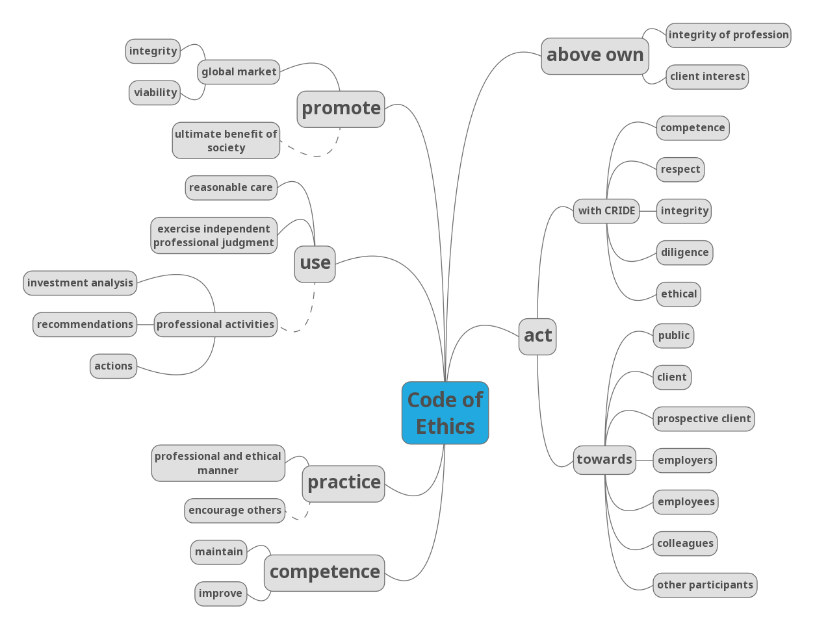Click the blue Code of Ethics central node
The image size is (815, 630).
click(445, 413)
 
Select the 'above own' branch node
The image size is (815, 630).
click(595, 56)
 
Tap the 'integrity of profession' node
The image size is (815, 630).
click(728, 35)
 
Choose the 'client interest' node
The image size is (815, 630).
click(707, 77)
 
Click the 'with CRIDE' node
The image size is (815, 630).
click(606, 211)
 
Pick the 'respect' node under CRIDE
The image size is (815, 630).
click(680, 170)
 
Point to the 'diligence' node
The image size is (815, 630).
click(684, 253)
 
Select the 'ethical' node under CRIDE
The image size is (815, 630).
click(679, 294)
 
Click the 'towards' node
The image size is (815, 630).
click(604, 460)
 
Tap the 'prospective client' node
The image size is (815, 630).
click(703, 419)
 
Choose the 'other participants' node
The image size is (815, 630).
click(705, 585)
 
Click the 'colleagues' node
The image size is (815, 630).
click(685, 544)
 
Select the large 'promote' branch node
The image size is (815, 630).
click(341, 108)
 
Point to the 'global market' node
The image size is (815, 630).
click(239, 72)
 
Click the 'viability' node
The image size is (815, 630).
click(155, 93)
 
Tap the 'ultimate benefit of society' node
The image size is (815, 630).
click(226, 140)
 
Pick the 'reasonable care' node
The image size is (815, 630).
click(231, 188)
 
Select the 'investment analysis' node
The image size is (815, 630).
click(80, 283)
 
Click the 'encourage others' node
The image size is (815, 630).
click(235, 510)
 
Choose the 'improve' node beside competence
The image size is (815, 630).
click(220, 594)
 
